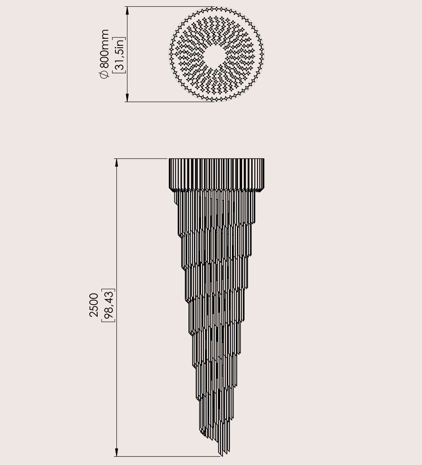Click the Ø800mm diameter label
pos(105,54)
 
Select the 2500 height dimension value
pos(94,305)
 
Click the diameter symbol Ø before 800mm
pos(105,74)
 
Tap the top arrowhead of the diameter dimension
pos(127,11)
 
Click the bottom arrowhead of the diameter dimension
pos(127,97)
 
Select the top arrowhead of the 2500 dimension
pos(116,163)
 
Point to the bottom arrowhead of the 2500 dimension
pos(116,452)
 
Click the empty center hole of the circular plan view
pos(216,55)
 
